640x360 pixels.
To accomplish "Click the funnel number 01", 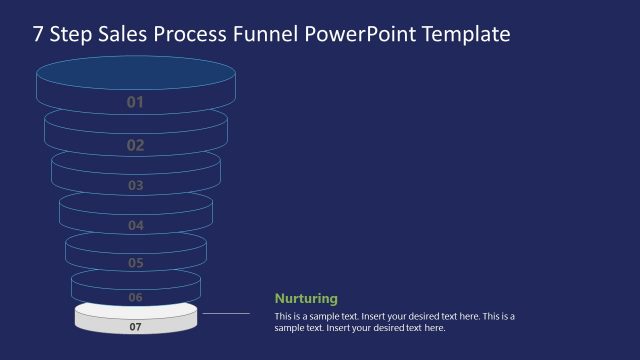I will [x=136, y=102].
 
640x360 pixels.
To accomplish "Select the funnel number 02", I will [x=136, y=145].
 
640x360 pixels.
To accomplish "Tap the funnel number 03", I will [x=136, y=185].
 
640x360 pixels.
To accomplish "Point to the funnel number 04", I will [x=136, y=225].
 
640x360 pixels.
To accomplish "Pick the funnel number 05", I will [x=136, y=263].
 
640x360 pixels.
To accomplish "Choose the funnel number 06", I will [x=136, y=297].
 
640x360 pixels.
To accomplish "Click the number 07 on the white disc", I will [x=136, y=326].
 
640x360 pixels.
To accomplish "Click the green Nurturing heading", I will [x=306, y=298].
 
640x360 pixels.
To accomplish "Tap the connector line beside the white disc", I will [x=225, y=314].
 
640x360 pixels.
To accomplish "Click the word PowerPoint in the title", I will [x=359, y=35].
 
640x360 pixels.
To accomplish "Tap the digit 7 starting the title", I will [x=39, y=35].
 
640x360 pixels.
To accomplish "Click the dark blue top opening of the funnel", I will [x=136, y=74].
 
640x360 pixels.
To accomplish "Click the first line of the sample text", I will [x=394, y=317].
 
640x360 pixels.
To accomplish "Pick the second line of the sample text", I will [x=359, y=328].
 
